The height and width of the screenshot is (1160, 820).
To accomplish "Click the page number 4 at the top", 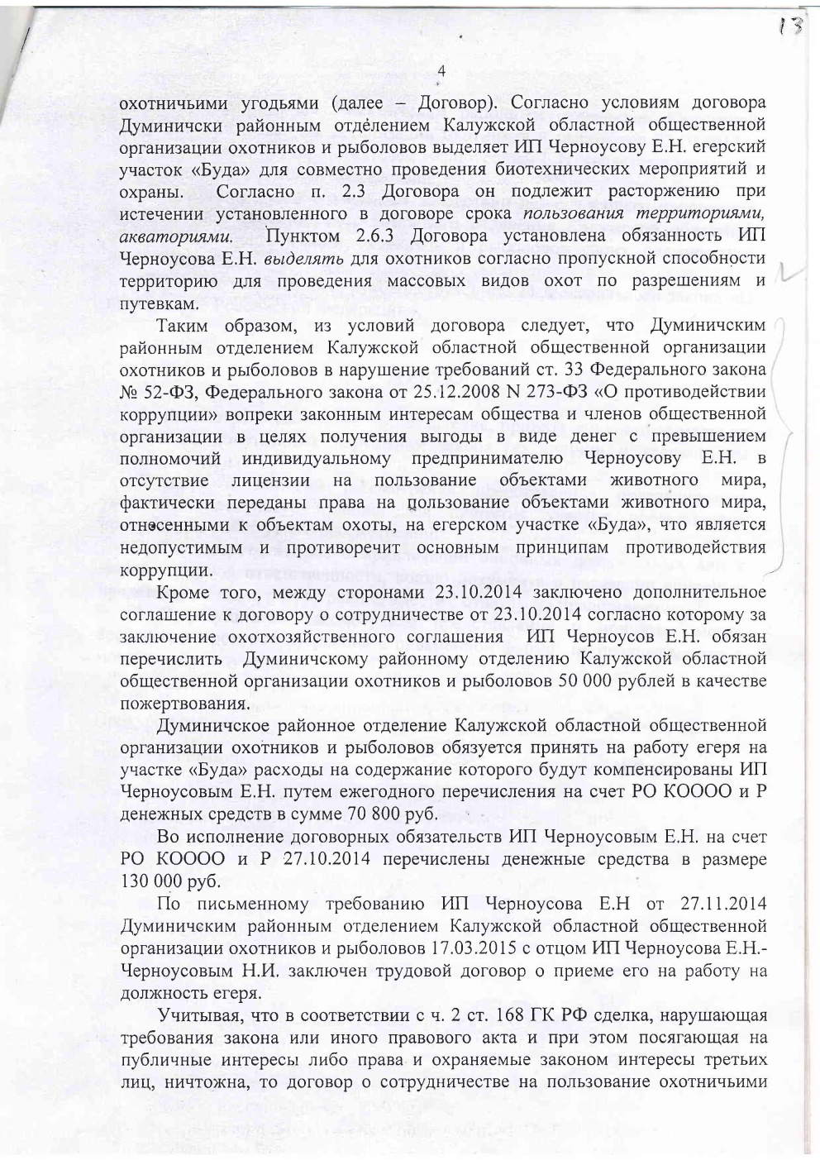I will point(441,71).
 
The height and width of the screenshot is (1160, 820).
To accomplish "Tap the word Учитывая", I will point(198,1014).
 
